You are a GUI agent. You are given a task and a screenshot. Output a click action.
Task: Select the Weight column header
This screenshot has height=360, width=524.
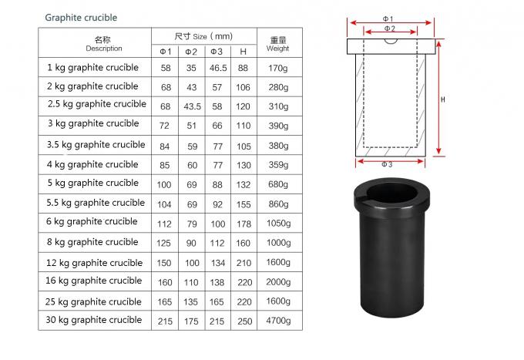click(x=277, y=43)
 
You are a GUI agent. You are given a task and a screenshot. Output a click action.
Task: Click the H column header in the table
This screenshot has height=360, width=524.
click(x=244, y=52)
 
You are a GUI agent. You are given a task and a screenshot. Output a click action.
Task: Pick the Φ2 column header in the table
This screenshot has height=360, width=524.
click(x=191, y=52)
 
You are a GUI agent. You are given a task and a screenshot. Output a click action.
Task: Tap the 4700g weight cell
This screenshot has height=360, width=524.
click(x=278, y=321)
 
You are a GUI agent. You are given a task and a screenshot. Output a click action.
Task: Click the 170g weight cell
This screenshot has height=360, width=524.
click(x=278, y=69)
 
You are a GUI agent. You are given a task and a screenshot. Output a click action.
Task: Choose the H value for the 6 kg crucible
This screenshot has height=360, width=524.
click(x=244, y=223)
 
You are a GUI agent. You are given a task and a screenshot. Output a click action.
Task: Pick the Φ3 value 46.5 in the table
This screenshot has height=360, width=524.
click(x=217, y=69)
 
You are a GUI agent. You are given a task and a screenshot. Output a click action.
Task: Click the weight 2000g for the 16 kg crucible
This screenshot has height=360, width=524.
click(x=278, y=282)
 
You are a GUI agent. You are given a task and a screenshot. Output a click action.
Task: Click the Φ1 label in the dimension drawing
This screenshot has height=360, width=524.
click(x=388, y=18)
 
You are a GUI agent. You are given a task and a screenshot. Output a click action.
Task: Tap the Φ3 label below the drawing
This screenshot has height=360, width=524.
click(x=389, y=163)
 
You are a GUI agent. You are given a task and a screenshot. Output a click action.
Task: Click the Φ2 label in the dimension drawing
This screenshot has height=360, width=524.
click(x=389, y=29)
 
